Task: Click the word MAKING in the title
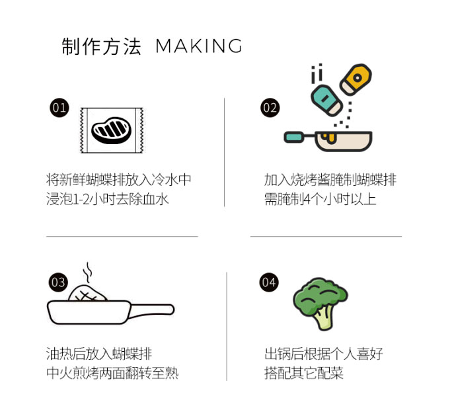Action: click(x=199, y=46)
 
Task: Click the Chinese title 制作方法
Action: click(x=101, y=46)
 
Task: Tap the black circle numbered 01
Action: click(x=59, y=108)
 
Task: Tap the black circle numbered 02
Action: click(x=270, y=108)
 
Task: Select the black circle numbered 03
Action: click(x=59, y=282)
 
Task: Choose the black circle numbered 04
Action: click(x=269, y=282)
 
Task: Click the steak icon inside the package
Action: click(x=111, y=130)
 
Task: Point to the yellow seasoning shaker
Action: click(x=356, y=79)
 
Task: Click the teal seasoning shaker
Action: click(x=326, y=100)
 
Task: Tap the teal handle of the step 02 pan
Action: click(x=294, y=137)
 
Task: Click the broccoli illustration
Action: click(x=320, y=304)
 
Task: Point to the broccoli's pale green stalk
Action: click(x=324, y=319)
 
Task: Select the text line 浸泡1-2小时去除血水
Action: click(x=107, y=199)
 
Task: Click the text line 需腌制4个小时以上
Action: click(x=320, y=199)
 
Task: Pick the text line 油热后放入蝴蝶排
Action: click(x=99, y=354)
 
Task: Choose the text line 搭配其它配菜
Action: click(x=304, y=373)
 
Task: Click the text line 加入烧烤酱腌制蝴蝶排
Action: click(x=330, y=180)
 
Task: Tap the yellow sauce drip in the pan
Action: click(x=329, y=138)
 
